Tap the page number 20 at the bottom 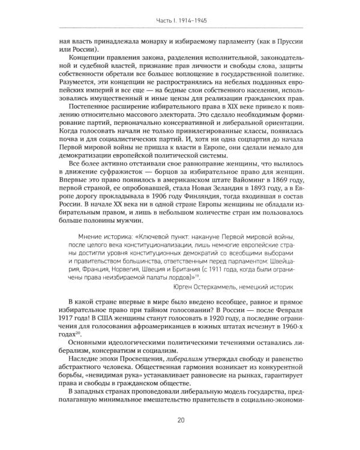click(180, 437)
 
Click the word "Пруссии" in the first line click(284, 43)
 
